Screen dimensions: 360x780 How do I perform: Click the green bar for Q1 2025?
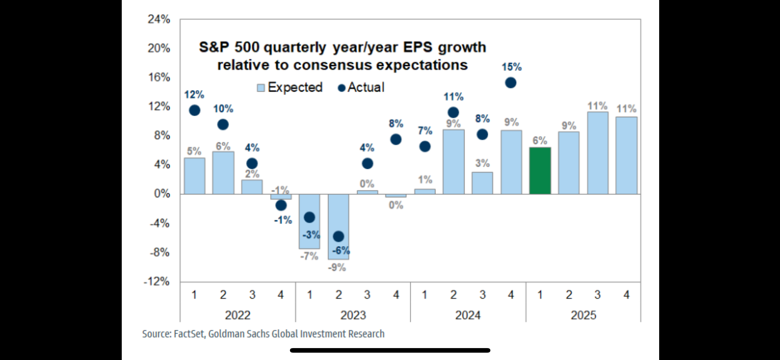click(x=540, y=171)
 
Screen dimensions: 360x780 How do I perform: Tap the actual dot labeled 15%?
click(x=511, y=83)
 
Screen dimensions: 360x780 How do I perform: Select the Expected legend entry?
click(x=290, y=88)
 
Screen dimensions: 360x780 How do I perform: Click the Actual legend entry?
click(x=361, y=88)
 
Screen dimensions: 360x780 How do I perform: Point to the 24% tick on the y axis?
click(x=159, y=20)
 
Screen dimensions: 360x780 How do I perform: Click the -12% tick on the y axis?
click(x=157, y=282)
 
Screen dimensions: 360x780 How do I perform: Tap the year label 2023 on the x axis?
click(x=353, y=315)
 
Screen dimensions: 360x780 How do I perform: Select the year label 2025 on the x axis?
click(x=583, y=315)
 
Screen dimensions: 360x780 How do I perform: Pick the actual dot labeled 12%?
click(x=194, y=110)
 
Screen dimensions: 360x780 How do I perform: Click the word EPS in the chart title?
click(x=417, y=47)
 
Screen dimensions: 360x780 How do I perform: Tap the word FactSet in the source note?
click(x=189, y=334)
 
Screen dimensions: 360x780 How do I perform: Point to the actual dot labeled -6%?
click(x=338, y=236)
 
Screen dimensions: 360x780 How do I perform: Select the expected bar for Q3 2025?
click(x=598, y=153)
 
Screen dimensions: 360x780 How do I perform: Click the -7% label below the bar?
click(x=309, y=256)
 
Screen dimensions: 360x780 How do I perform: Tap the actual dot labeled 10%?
click(x=223, y=125)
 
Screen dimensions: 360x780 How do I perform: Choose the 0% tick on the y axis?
click(x=162, y=194)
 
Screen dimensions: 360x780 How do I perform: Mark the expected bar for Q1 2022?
click(x=194, y=176)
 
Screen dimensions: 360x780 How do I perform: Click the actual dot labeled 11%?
click(x=453, y=112)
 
